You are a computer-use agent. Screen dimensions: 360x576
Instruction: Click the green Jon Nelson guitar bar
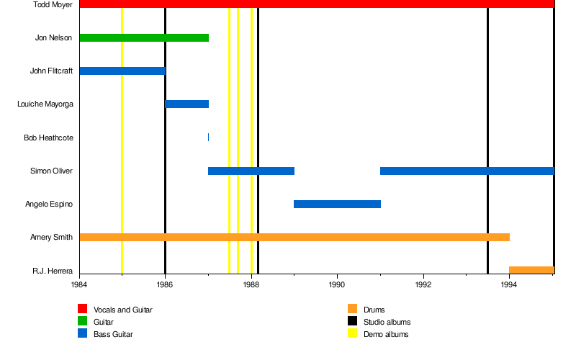[144, 37]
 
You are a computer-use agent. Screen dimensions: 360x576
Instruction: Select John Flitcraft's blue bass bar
[122, 71]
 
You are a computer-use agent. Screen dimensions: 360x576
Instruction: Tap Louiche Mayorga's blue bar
[187, 104]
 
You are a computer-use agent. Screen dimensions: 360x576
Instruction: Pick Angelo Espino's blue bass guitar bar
[337, 204]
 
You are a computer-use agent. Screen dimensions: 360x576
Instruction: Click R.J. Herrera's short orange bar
[531, 270]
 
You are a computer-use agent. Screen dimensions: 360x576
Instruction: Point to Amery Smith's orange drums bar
[294, 237]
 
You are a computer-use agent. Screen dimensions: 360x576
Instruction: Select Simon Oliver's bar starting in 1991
[467, 171]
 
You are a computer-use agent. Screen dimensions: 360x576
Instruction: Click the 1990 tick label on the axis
[337, 285]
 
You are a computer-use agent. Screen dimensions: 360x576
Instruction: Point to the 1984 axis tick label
[80, 285]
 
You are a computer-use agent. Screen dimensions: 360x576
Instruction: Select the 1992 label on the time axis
[423, 285]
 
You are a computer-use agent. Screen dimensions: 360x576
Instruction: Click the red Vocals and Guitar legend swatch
[82, 310]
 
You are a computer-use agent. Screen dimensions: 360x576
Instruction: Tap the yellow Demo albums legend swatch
[352, 334]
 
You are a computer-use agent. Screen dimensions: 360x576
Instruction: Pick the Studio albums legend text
[387, 322]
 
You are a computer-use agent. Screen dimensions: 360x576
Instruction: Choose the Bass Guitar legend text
[113, 334]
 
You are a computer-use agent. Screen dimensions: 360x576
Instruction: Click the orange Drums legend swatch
[352, 310]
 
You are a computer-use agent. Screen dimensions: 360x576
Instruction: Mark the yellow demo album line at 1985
[122, 144]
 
